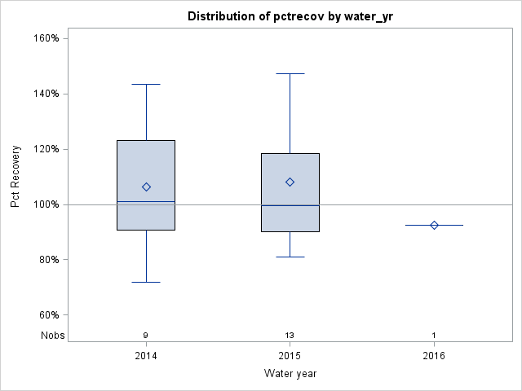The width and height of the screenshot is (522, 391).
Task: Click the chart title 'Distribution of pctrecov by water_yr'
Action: [290, 16]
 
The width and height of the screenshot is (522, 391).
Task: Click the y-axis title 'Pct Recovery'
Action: [15, 177]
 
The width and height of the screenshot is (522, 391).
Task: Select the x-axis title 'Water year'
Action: [290, 374]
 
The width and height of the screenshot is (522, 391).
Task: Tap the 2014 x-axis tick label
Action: [146, 355]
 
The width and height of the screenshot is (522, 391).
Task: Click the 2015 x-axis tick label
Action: [290, 355]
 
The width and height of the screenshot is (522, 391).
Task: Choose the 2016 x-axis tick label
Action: [434, 355]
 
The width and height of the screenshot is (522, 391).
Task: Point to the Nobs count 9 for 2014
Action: [146, 335]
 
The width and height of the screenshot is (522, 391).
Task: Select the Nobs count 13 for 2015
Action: [290, 335]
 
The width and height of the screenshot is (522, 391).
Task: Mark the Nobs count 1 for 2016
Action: [434, 335]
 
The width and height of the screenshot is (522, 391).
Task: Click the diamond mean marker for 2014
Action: [146, 187]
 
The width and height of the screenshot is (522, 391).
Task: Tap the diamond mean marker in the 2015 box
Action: [290, 182]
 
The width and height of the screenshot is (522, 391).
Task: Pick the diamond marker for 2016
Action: [434, 225]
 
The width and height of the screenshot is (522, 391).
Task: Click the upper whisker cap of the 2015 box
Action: [290, 73]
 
